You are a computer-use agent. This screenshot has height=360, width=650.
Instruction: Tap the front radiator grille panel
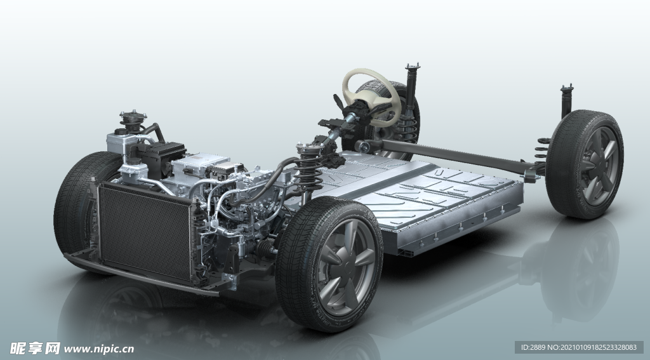145,232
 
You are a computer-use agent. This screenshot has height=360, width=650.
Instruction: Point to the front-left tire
79,203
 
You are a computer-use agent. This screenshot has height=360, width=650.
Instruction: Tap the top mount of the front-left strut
133,117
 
